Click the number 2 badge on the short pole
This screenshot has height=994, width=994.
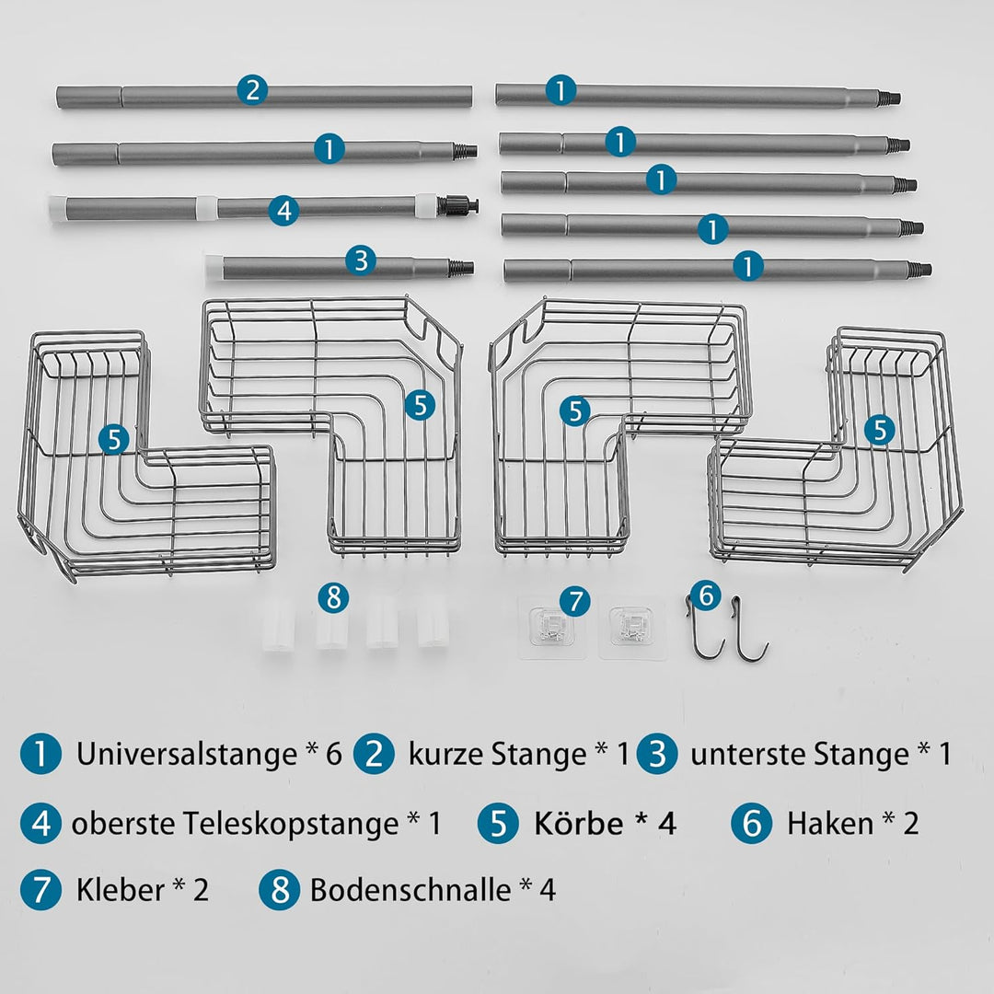pyautogui.click(x=252, y=90)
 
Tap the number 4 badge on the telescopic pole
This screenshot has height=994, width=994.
pyautogui.click(x=283, y=210)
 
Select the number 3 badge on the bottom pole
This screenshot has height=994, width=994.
pyautogui.click(x=361, y=260)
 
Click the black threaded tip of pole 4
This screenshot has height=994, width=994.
pyautogui.click(x=466, y=205)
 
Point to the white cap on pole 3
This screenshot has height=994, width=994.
pyautogui.click(x=213, y=267)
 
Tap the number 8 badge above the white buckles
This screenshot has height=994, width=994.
pyautogui.click(x=333, y=597)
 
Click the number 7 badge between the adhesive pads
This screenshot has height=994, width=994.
pyautogui.click(x=575, y=601)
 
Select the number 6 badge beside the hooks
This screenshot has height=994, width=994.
pyautogui.click(x=706, y=595)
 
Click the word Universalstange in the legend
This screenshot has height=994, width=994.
pyautogui.click(x=187, y=754)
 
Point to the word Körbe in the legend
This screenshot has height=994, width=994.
pyautogui.click(x=579, y=824)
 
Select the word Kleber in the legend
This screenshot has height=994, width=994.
pyautogui.click(x=121, y=889)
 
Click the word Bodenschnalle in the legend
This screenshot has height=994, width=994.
pyautogui.click(x=410, y=889)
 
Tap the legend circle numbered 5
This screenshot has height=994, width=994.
pyautogui.click(x=498, y=823)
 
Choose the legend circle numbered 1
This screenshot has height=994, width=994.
pyautogui.click(x=40, y=753)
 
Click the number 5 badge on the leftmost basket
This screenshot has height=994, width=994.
pyautogui.click(x=114, y=439)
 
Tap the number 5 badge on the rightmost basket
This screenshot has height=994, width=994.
pyautogui.click(x=879, y=430)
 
